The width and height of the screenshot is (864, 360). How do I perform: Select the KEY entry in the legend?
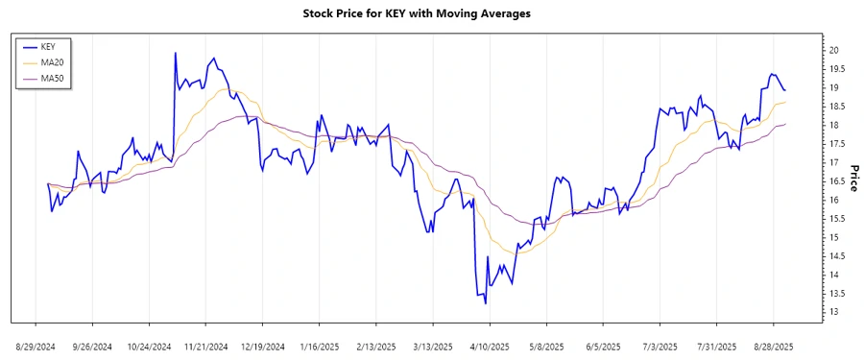pyautogui.click(x=49, y=46)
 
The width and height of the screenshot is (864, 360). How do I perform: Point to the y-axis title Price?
pyautogui.click(x=854, y=177)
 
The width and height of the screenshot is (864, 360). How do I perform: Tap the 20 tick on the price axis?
pyautogui.click(x=834, y=50)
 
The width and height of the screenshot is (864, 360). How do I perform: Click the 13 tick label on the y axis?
pyautogui.click(x=834, y=312)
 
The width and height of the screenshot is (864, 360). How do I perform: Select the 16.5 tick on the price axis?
pyautogui.click(x=837, y=181)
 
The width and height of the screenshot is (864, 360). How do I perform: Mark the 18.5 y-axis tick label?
pyautogui.click(x=837, y=107)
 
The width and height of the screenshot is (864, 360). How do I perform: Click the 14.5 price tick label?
pyautogui.click(x=837, y=256)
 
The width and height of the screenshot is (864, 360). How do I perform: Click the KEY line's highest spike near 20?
pyautogui.click(x=175, y=53)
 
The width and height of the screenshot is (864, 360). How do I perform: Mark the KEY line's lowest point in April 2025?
pyautogui.click(x=485, y=303)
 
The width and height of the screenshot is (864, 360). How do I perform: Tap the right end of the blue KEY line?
pyautogui.click(x=785, y=89)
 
